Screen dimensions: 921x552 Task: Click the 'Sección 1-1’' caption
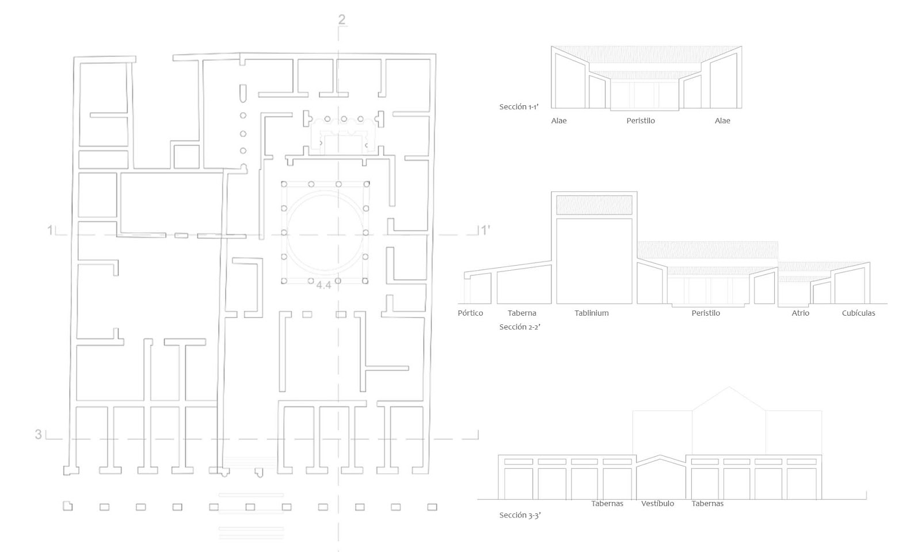519,107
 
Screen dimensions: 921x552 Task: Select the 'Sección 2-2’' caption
520,327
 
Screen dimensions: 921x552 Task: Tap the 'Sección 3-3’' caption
520,515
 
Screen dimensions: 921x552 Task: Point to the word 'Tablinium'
592,313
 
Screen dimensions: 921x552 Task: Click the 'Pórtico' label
470,313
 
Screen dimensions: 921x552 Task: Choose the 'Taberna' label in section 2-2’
522,313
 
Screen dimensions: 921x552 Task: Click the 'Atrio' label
801,313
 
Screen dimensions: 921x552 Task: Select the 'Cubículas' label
858,313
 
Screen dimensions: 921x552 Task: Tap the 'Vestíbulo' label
657,504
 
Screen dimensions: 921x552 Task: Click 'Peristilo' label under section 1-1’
641,121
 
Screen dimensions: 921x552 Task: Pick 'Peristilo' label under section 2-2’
706,313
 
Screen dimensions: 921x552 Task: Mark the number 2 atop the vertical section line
342,20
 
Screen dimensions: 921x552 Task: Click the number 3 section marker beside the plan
38,434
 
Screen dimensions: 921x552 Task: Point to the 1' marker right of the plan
486,231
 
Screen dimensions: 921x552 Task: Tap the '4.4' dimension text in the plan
324,285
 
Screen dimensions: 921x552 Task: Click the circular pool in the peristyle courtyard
325,195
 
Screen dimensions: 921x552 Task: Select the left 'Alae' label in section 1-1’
559,121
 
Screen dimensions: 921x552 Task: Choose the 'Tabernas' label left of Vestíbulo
607,504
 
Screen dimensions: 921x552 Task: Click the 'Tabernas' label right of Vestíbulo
707,504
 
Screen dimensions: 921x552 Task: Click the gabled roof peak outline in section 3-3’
729,387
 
